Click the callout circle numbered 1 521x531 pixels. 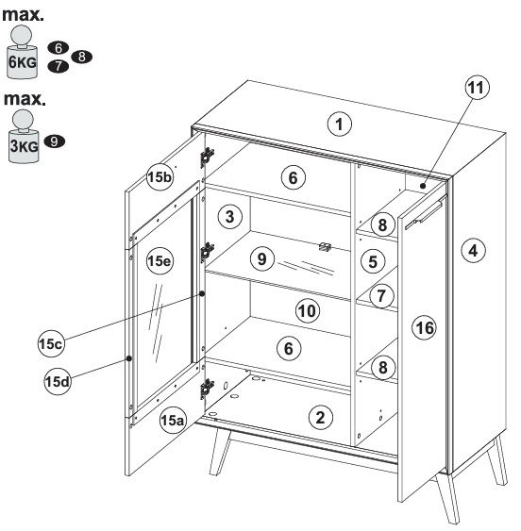tap(340, 124)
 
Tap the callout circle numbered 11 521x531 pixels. tap(477, 88)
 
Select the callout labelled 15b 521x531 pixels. tap(160, 176)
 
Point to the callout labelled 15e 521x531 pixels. tap(160, 260)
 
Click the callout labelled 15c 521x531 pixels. tap(51, 343)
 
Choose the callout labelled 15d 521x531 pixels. tap(58, 382)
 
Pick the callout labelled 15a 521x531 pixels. tap(173, 421)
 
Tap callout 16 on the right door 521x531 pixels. tap(425, 328)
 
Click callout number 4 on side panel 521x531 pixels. tap(473, 251)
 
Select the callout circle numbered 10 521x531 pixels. tap(308, 311)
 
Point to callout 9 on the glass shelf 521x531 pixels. tap(262, 259)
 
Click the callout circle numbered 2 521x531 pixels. tap(320, 418)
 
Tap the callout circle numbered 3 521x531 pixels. tap(229, 216)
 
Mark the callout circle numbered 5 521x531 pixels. tap(373, 261)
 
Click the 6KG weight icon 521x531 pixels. tap(22, 53)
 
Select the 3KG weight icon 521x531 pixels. tap(24, 136)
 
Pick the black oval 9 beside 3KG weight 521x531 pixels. tap(54, 141)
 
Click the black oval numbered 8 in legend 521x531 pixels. tap(82, 57)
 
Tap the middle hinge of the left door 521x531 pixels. tap(207, 252)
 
